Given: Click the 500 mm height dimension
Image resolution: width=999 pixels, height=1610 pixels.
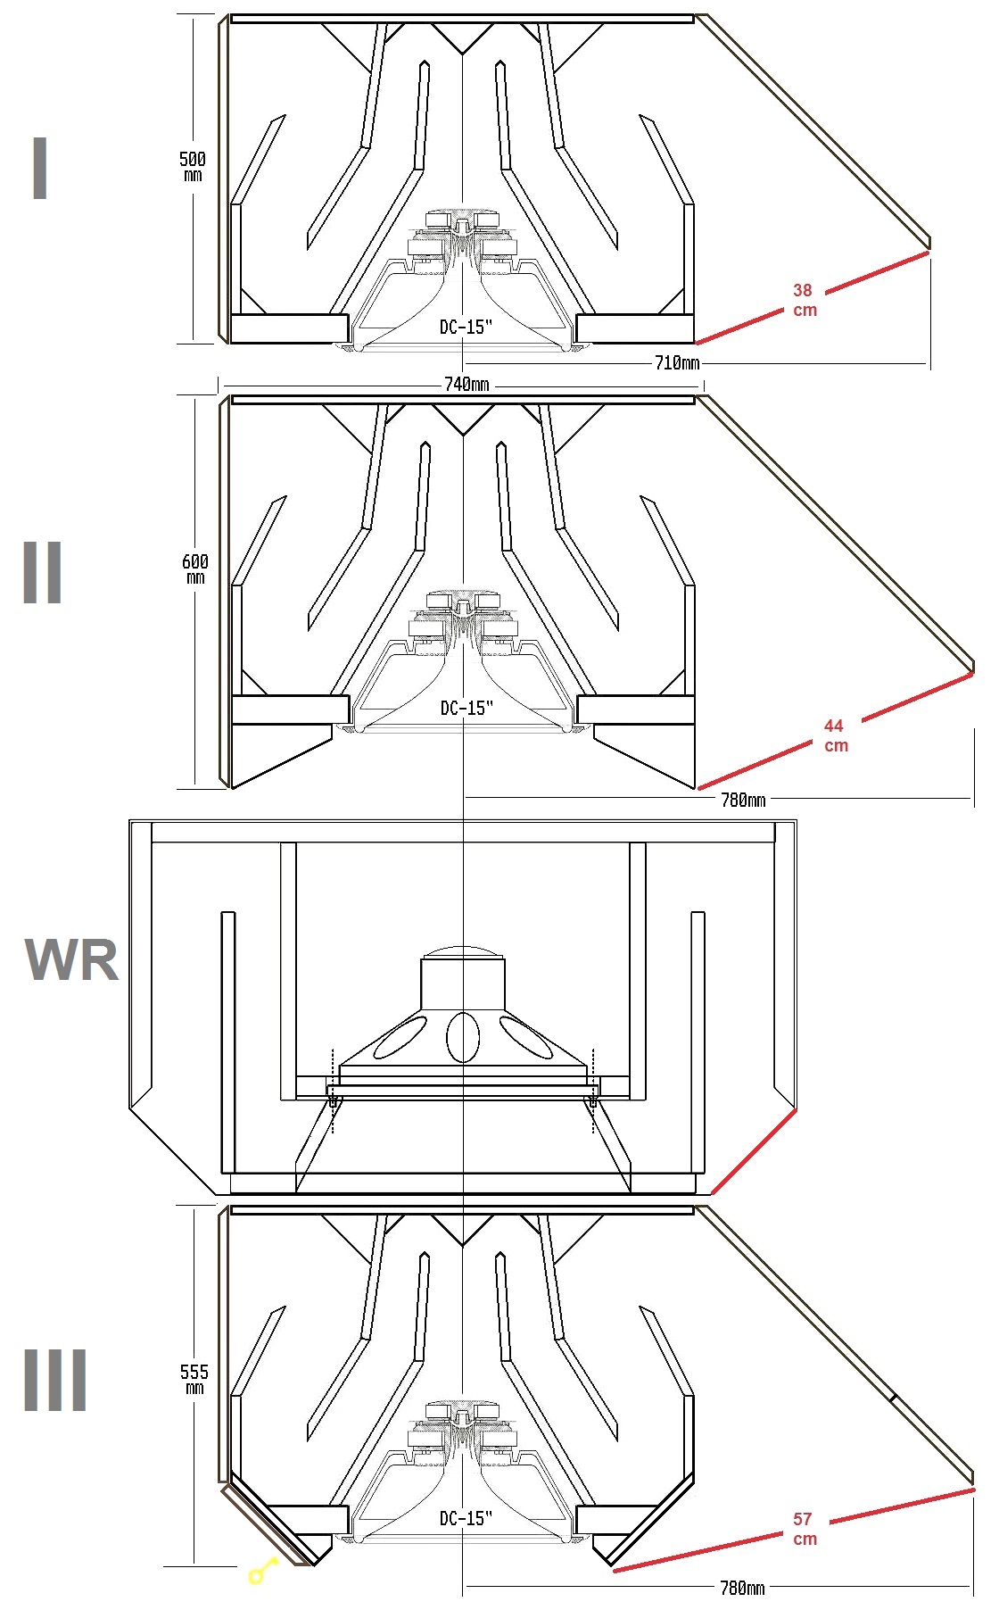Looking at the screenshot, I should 192,165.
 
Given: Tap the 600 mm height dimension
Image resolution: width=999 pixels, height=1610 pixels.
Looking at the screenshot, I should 194,568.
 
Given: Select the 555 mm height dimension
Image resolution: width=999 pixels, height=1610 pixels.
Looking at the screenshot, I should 194,1378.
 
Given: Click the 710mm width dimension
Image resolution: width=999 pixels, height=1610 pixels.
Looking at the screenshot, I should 677,362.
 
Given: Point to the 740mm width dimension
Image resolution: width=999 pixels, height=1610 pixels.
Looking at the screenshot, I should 466,385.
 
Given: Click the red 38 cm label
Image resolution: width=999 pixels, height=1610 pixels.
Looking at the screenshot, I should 804,300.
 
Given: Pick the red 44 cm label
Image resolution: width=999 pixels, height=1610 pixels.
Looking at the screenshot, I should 835,735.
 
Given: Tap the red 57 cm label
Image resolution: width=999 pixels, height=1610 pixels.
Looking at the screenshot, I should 804,1528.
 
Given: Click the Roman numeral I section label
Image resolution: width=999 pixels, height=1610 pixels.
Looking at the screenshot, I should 39,169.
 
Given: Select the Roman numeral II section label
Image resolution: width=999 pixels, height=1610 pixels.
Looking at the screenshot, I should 42,572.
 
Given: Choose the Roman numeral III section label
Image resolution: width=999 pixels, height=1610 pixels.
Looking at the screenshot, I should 54,1380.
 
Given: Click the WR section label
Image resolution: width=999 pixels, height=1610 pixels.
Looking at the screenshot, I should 71,960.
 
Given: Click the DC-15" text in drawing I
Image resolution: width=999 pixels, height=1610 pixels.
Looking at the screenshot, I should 466,327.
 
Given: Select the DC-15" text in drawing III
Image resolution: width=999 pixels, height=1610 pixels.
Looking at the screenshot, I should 466,1517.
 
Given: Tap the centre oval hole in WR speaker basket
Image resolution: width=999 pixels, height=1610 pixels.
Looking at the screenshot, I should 462,1036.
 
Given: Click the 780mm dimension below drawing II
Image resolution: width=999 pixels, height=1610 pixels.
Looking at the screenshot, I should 742,800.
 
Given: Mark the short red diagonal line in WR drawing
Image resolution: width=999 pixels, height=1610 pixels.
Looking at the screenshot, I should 754,1151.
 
